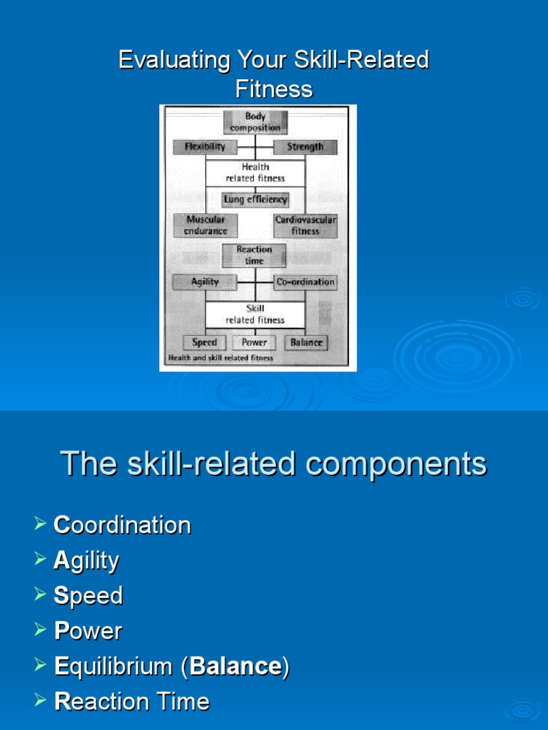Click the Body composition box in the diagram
tap(255, 122)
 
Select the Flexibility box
tap(205, 147)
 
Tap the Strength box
tap(305, 147)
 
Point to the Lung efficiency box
tap(255, 200)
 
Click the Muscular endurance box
tap(206, 225)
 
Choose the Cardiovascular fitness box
tap(305, 225)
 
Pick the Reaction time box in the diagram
tap(254, 255)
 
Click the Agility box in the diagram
tap(205, 282)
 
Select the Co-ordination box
tap(305, 282)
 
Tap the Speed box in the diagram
tap(204, 342)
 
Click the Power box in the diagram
tap(254, 342)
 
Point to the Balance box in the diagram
tap(306, 342)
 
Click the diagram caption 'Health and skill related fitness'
tap(220, 358)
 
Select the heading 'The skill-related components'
tap(274, 464)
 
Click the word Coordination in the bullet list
tap(122, 525)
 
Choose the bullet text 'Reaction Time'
tap(132, 701)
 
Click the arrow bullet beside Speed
tap(39, 595)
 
